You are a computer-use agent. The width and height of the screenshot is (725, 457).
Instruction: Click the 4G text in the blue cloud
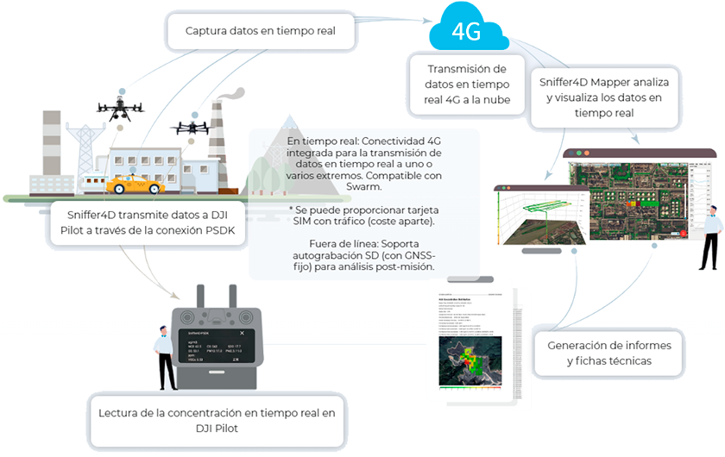(466, 31)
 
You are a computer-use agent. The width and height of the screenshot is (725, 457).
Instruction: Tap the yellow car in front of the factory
(135, 185)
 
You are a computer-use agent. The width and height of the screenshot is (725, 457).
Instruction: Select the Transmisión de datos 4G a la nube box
(469, 84)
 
